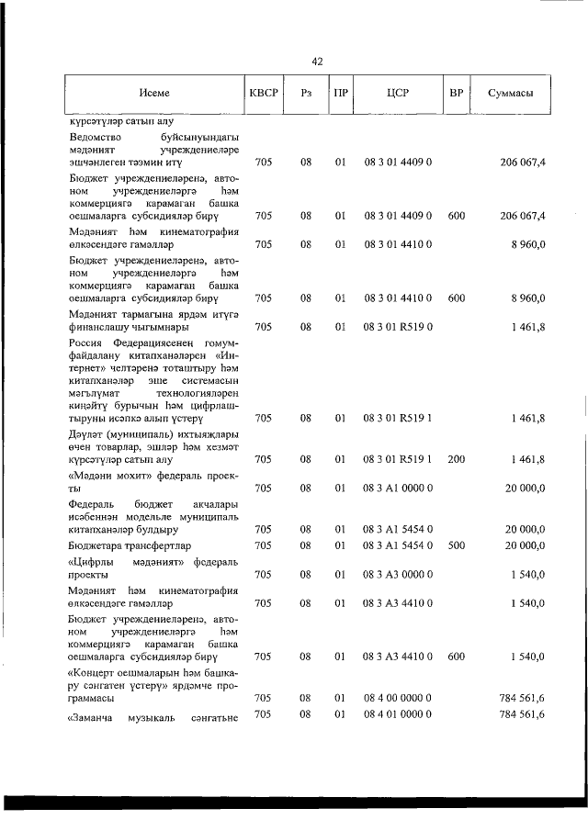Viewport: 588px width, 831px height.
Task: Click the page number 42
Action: tap(317, 62)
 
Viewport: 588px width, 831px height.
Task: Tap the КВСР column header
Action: tap(263, 94)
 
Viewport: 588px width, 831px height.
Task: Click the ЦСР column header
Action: tap(398, 94)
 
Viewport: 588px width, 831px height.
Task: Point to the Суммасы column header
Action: tap(512, 94)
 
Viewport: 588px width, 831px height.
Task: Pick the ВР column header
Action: tap(456, 94)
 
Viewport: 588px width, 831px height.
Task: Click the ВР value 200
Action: tap(456, 458)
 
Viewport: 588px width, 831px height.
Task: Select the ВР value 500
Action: tap(456, 545)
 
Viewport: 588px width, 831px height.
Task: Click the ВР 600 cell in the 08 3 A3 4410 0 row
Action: tap(456, 657)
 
